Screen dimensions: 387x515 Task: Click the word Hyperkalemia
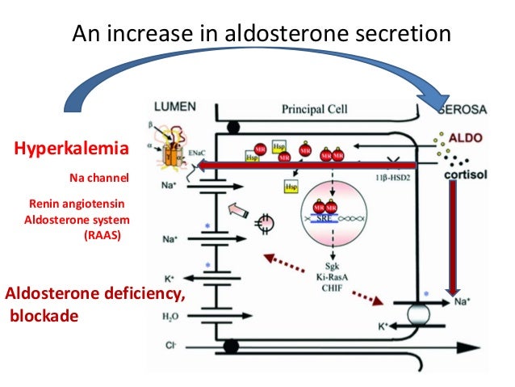point(71,148)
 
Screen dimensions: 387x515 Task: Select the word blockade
point(44,315)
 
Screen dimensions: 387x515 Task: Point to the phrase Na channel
point(100,175)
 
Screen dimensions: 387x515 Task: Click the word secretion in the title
point(408,35)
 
